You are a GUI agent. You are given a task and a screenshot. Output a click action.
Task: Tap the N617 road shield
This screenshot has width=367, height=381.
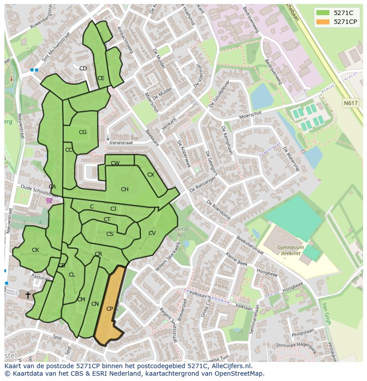click(x=350, y=103)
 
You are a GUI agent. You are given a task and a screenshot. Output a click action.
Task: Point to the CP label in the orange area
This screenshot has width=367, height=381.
click(x=109, y=309)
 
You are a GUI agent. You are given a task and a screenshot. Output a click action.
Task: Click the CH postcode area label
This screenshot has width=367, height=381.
click(x=125, y=189)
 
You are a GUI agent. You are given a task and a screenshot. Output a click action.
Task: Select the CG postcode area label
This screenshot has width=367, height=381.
click(x=82, y=132)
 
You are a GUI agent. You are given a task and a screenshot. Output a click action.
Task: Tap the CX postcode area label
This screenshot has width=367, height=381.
click(x=151, y=175)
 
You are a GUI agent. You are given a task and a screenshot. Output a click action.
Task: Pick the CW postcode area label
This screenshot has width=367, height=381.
click(x=115, y=163)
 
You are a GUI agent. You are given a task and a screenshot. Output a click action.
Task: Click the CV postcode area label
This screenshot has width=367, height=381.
click(x=152, y=233)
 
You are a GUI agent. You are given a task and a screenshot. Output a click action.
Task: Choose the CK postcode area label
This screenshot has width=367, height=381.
click(x=35, y=250)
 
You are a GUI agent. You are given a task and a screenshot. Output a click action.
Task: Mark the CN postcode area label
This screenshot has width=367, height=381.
click(x=95, y=304)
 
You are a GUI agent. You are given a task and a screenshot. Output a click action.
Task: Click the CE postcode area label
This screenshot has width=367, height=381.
click(x=101, y=78)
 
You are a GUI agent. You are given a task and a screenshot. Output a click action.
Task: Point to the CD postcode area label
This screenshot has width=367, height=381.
click(x=83, y=69)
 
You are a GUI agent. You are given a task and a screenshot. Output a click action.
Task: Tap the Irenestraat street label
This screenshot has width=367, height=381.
click(x=121, y=143)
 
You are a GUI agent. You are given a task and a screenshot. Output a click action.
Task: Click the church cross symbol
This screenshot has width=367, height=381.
click(x=28, y=294)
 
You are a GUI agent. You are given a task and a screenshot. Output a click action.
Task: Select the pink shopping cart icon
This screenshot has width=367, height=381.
click(x=49, y=200)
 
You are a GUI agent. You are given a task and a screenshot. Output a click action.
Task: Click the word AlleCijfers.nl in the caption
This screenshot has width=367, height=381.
click(x=231, y=366)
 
